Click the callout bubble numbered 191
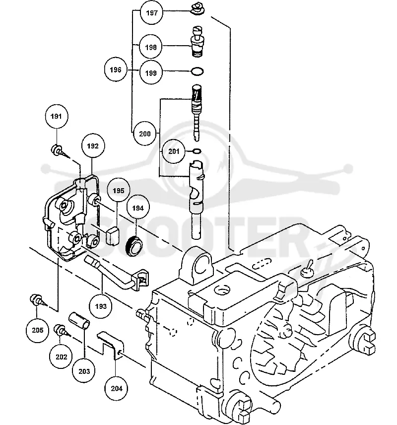click(57, 116)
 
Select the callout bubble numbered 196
click(116, 70)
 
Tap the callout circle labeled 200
click(145, 134)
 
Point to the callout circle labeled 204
click(117, 388)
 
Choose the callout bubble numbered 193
click(101, 306)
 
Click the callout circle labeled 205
click(37, 330)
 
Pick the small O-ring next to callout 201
click(197, 151)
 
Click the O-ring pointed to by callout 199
click(198, 71)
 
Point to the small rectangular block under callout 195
click(113, 236)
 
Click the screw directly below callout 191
click(59, 151)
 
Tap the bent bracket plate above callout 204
click(110, 346)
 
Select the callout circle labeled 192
click(93, 146)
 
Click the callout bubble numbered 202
click(61, 356)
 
